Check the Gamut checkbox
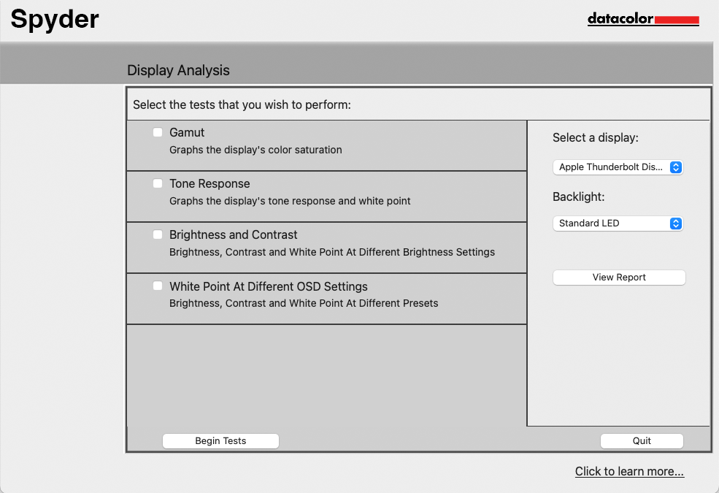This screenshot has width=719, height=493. click(158, 132)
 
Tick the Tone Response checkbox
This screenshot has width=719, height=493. click(158, 183)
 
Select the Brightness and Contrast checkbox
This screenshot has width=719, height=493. click(158, 234)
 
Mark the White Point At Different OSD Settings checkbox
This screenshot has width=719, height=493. click(158, 286)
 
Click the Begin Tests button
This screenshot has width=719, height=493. click(220, 440)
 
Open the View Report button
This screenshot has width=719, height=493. click(619, 278)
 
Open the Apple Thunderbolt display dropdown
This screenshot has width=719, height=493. click(618, 167)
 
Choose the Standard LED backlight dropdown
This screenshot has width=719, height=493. click(618, 223)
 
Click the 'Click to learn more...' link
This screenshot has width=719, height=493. click(629, 471)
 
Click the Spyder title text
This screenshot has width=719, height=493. click(55, 18)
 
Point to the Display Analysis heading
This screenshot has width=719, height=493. click(178, 70)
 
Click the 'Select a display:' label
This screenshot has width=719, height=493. click(596, 137)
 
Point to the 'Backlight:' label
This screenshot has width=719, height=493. click(579, 196)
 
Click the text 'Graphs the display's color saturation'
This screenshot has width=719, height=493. click(255, 150)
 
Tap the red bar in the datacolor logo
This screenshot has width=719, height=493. click(677, 20)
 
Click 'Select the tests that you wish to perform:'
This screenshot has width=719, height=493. click(242, 104)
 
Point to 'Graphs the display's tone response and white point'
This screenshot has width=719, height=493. click(290, 201)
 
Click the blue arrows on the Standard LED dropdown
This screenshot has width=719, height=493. click(676, 223)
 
